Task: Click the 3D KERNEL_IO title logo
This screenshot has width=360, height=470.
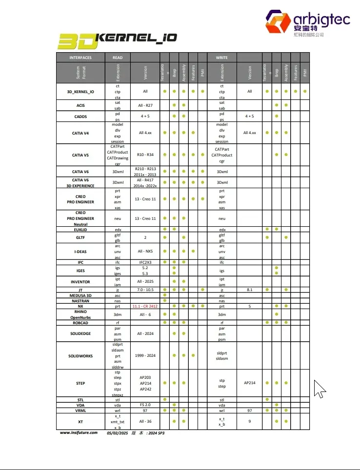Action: [117, 40]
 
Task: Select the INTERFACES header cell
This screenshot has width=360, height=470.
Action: [80, 58]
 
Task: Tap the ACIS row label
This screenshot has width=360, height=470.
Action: [80, 105]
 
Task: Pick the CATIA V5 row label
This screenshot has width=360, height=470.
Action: [80, 155]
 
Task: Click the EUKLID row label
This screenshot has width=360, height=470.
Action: [80, 229]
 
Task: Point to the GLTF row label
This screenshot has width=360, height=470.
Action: [80, 237]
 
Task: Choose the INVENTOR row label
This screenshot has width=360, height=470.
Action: [80, 282]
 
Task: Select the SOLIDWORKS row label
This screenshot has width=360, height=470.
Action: [80, 356]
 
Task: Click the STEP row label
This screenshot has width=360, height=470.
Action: [80, 383]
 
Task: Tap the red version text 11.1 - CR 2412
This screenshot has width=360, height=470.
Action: [145, 307]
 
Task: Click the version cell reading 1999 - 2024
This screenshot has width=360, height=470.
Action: [145, 356]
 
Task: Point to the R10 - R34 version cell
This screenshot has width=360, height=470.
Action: [145, 155]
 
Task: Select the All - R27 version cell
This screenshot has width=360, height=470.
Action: [145, 105]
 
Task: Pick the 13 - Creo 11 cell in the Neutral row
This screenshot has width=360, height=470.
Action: [145, 218]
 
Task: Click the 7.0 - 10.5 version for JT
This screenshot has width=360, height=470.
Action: [145, 290]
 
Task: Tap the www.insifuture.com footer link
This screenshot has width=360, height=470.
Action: [79, 432]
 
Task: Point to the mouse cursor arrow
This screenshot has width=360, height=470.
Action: [319, 389]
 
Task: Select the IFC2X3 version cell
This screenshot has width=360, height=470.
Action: [145, 262]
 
